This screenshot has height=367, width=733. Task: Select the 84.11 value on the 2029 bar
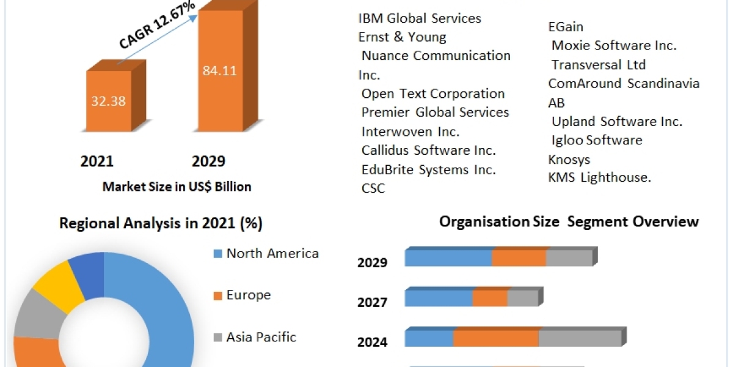[x=219, y=70]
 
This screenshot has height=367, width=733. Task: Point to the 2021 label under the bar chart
[x=97, y=161]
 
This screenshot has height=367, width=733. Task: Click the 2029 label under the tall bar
[x=208, y=161]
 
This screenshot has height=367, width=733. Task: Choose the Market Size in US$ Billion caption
[x=177, y=187]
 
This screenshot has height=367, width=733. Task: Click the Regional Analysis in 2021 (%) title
[x=161, y=224]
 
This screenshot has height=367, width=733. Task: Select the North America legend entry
[x=272, y=253]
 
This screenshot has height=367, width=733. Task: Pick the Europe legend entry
[x=248, y=295]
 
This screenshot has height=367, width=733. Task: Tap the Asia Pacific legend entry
[x=261, y=336]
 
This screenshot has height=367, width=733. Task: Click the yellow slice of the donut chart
[x=59, y=283]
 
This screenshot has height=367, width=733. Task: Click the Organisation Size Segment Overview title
[x=569, y=221]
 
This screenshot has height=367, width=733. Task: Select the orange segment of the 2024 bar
[x=495, y=338]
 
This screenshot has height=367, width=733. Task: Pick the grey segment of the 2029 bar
[x=569, y=258]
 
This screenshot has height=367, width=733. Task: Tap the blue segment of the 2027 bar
[x=438, y=298]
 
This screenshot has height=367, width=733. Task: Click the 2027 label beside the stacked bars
[x=372, y=302]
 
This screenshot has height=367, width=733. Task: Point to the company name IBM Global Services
[x=420, y=18]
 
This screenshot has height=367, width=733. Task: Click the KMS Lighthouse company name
[x=600, y=177]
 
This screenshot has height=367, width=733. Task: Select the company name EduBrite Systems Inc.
[x=428, y=169]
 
